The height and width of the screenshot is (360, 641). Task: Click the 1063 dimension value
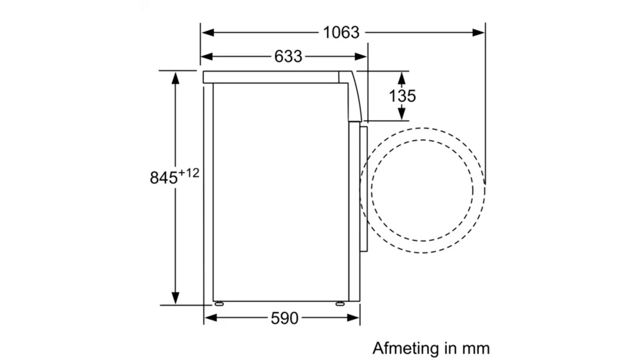341,32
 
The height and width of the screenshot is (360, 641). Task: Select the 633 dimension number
288,56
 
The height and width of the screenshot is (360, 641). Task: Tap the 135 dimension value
402,96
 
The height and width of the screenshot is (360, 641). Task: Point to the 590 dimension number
284,318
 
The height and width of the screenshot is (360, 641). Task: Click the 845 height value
164,178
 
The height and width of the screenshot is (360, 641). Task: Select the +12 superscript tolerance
189,173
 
